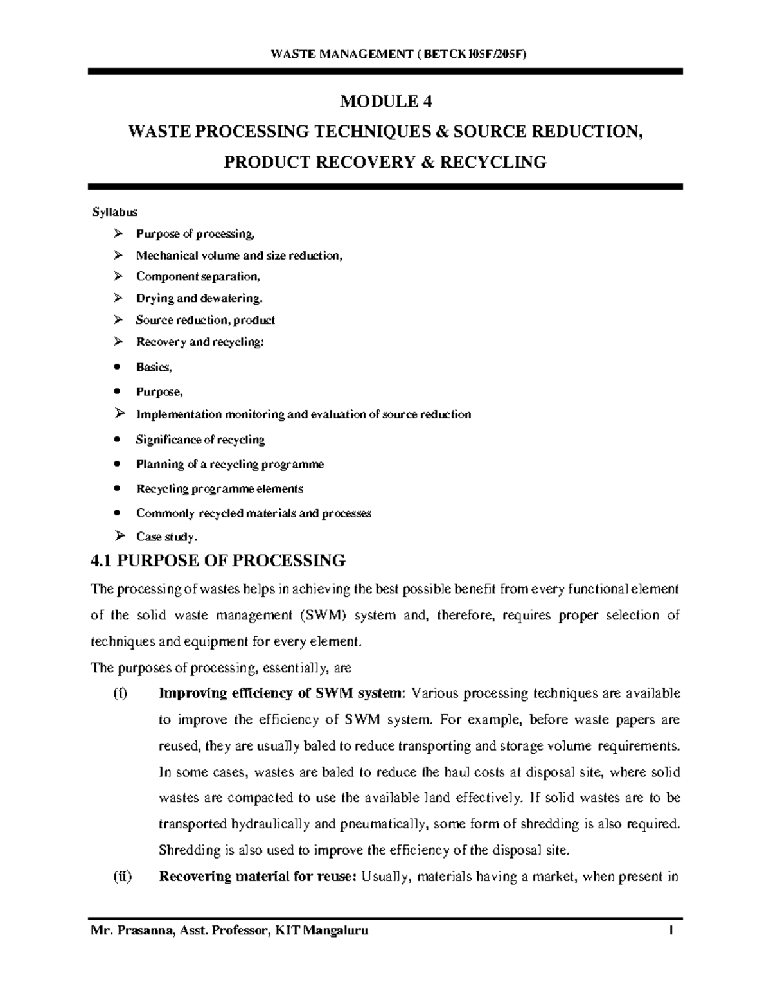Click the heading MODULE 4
(385, 101)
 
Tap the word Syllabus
(114, 211)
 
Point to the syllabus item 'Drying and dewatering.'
(199, 298)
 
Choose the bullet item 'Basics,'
(154, 367)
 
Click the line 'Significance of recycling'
(200, 440)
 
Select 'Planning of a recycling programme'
(229, 464)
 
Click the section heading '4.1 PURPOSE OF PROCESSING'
(218, 560)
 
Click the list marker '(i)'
(119, 693)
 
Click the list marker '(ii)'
(121, 877)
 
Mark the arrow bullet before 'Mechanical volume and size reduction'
(117, 255)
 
